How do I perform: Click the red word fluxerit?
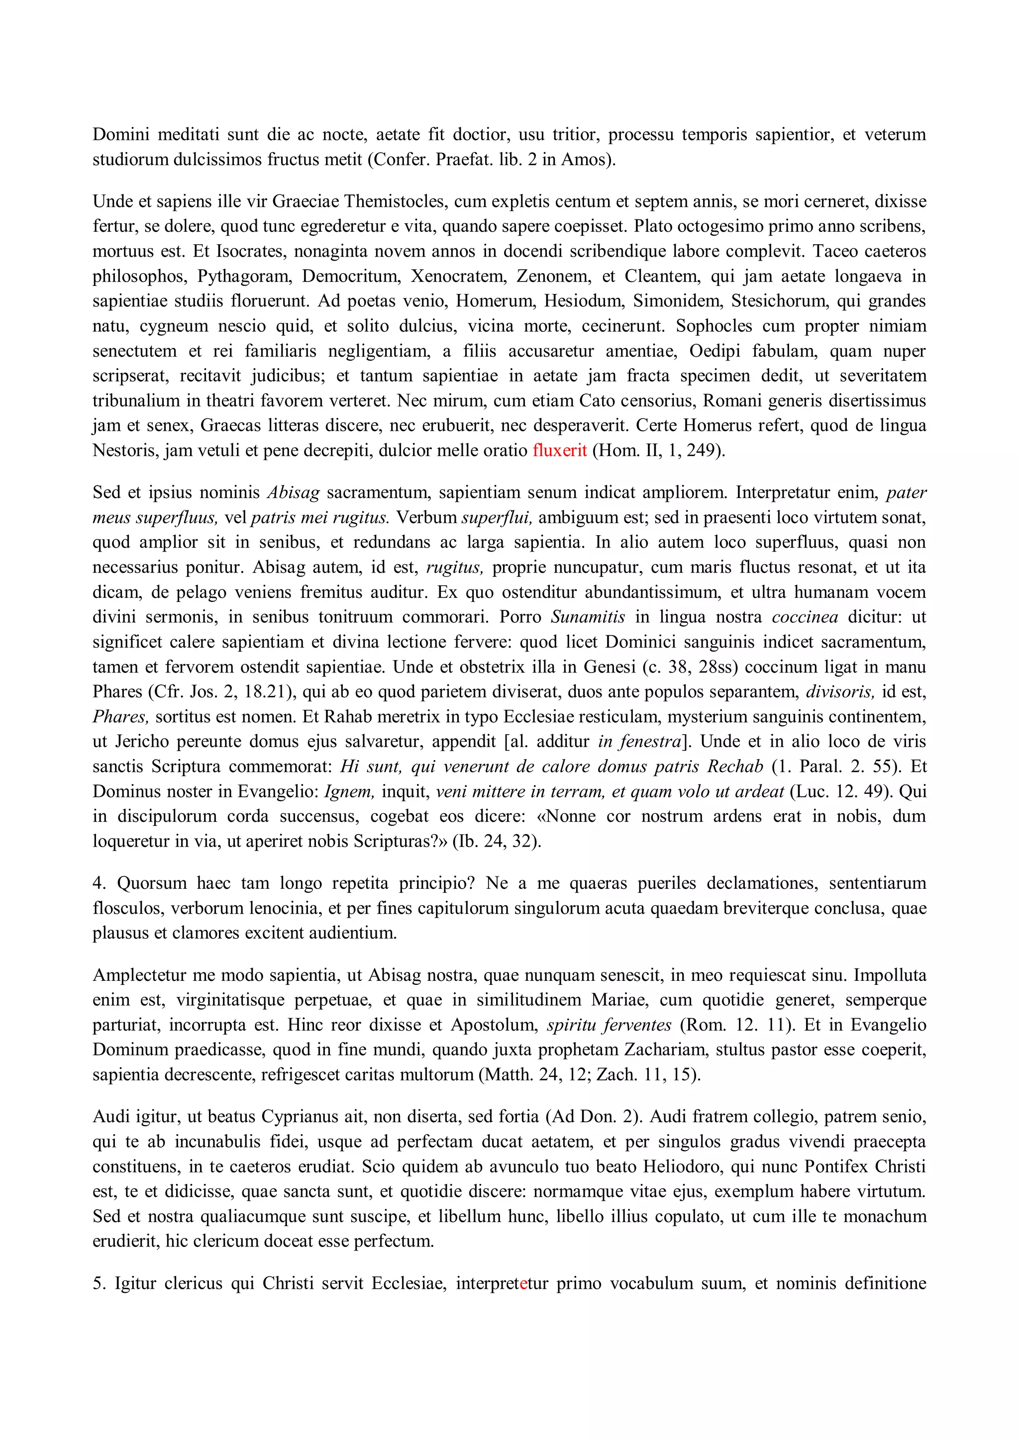(559, 450)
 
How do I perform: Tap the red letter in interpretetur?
(523, 1283)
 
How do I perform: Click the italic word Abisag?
(293, 492)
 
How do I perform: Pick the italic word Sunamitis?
(588, 617)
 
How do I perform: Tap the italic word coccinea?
(805, 617)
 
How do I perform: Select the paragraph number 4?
(98, 883)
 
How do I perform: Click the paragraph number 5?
(98, 1283)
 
